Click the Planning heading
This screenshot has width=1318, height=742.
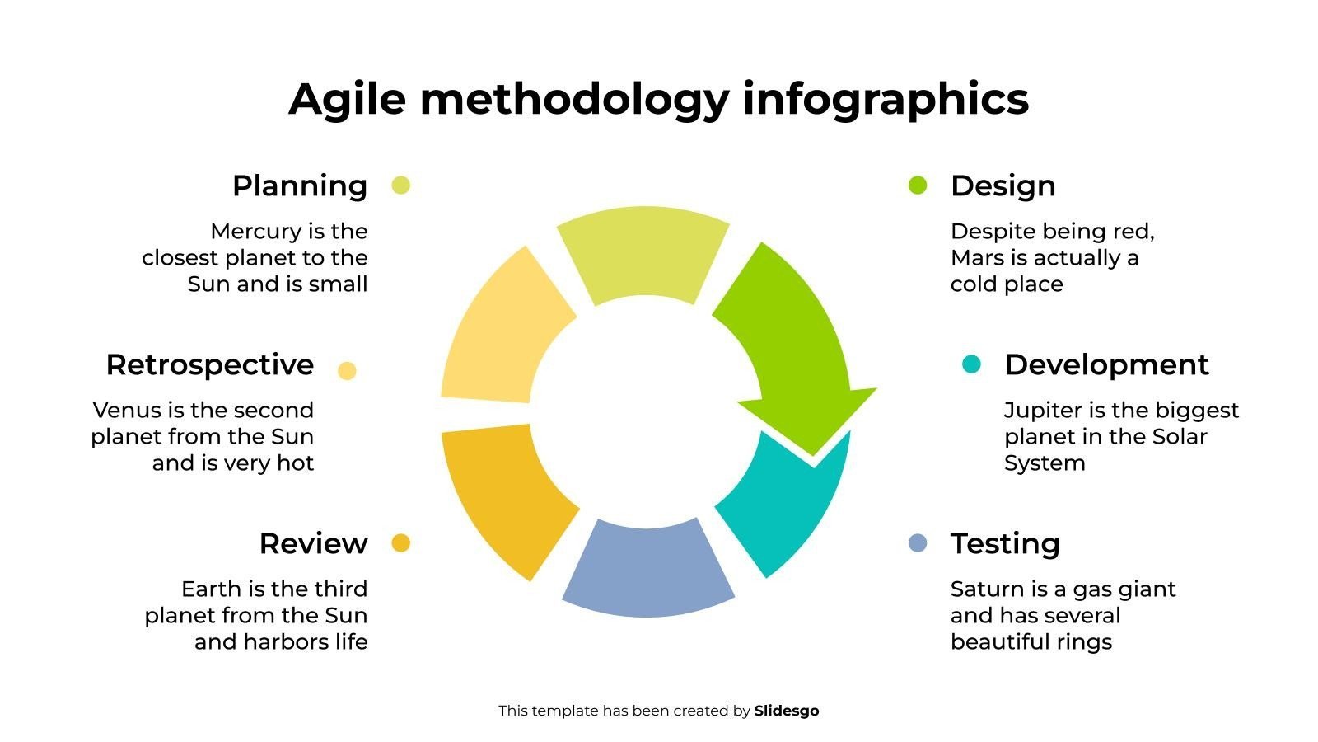[x=300, y=186]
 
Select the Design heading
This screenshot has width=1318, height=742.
[x=1003, y=186]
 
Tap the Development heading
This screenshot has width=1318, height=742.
[x=1107, y=365]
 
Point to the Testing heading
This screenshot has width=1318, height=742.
[x=1005, y=544]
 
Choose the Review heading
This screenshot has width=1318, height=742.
[x=314, y=543]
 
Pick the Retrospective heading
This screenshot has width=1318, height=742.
[x=210, y=365]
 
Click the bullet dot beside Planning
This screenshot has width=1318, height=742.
[x=400, y=185]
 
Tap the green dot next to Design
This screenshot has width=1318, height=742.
[x=918, y=185]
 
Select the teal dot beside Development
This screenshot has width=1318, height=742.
[x=971, y=364]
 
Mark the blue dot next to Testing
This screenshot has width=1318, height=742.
[x=918, y=543]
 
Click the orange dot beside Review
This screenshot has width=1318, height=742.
[x=400, y=543]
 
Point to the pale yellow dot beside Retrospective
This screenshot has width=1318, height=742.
[x=347, y=371]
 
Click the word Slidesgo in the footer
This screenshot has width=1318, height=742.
[x=787, y=711]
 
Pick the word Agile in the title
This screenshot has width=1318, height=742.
[x=347, y=100]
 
